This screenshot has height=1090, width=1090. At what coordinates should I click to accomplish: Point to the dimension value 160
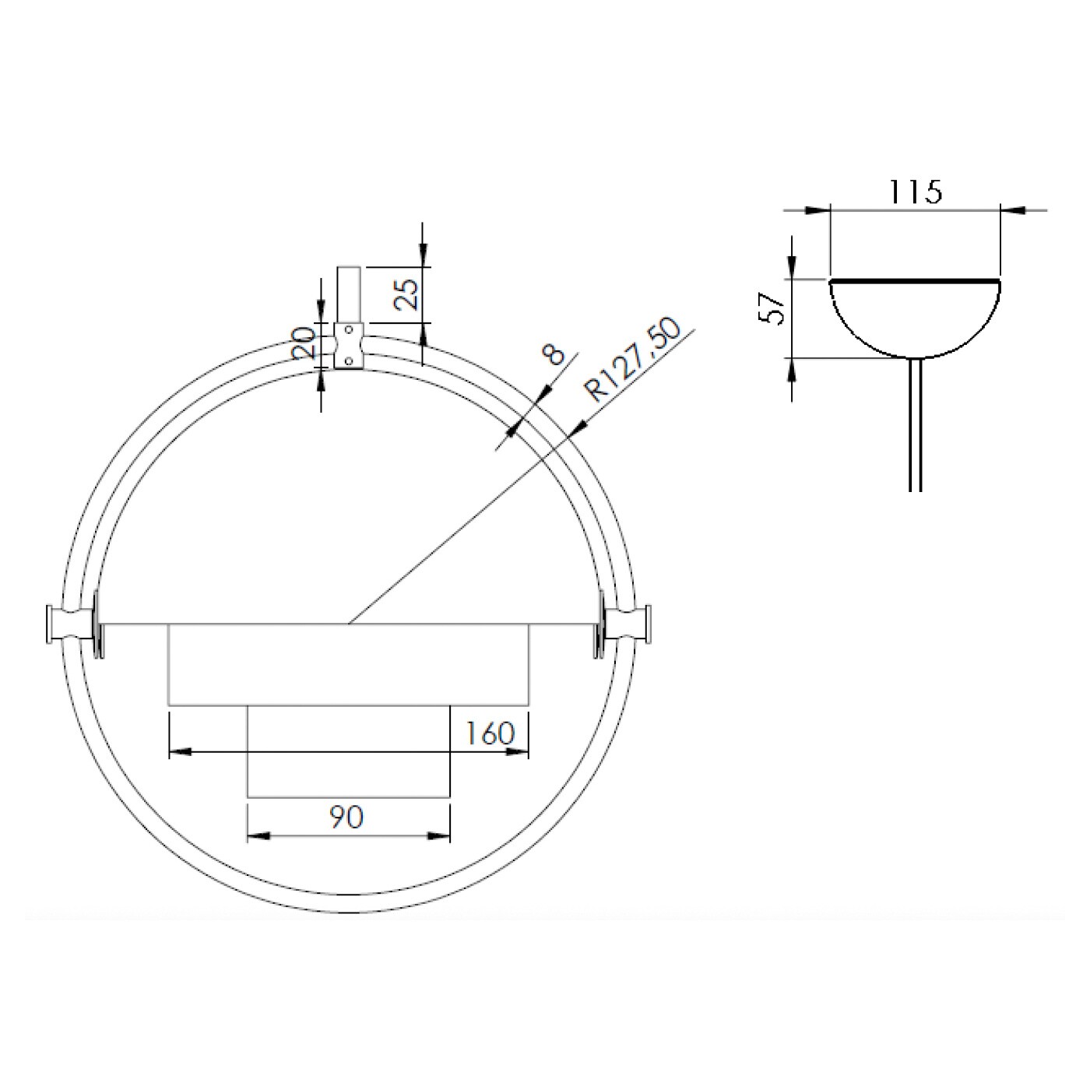(x=490, y=733)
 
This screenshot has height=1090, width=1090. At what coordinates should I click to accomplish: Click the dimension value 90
(x=345, y=817)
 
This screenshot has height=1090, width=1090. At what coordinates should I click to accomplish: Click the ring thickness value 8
(x=554, y=354)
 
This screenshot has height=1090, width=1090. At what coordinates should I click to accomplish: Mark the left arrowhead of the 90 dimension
(x=258, y=836)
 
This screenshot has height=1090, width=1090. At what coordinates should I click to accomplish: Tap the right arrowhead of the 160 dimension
(x=517, y=751)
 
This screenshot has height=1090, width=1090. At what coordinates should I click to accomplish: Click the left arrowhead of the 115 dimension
(x=818, y=209)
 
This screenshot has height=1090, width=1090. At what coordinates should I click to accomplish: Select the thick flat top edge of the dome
(x=916, y=280)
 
